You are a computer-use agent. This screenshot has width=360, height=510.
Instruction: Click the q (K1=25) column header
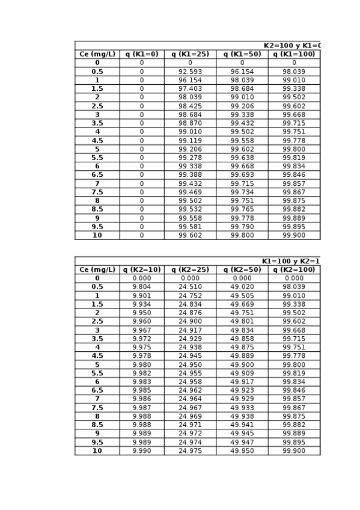[190, 54]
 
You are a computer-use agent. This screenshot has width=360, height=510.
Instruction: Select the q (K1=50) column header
[242, 54]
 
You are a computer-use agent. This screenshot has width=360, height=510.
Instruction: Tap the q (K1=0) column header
[142, 54]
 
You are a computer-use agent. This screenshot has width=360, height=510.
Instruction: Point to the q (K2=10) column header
[142, 270]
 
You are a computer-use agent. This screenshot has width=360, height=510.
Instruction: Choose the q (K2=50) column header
[242, 270]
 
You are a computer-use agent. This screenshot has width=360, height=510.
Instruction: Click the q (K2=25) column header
[190, 270]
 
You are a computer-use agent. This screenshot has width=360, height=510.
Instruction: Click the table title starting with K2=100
[292, 46]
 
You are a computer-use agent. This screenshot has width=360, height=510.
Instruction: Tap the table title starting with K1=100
[291, 262]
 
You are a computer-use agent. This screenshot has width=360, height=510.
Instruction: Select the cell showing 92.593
[190, 72]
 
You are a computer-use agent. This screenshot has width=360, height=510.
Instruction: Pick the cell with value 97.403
[190, 89]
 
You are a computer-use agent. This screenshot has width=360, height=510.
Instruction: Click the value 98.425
[190, 106]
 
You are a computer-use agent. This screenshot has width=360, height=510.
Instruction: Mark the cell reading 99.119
[190, 141]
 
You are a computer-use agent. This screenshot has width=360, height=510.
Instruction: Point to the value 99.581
[190, 227]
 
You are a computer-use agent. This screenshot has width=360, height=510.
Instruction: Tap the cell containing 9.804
[142, 287]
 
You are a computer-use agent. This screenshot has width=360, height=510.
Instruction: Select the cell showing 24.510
[190, 287]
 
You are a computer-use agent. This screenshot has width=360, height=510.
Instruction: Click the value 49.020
[242, 287]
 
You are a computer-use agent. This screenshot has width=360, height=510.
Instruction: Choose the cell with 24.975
[190, 451]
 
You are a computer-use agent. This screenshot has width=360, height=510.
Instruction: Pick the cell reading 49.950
[242, 451]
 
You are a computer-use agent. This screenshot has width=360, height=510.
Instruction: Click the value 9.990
[142, 451]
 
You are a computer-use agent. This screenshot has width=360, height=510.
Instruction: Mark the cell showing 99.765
[242, 209]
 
